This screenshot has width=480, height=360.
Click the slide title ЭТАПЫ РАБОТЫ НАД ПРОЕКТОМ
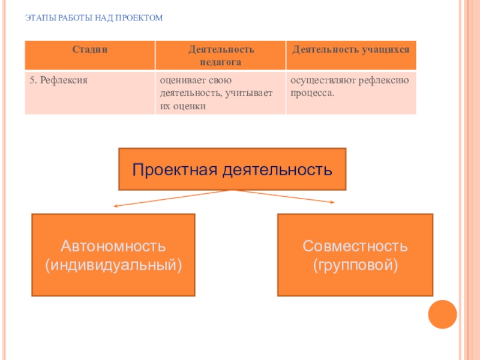94,19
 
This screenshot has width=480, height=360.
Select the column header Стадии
90,50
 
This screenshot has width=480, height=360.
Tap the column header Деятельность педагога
220,55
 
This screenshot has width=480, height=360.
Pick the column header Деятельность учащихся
351,50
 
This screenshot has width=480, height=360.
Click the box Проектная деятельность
232,169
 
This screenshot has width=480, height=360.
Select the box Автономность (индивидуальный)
113,255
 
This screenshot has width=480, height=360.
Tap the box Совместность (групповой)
355,255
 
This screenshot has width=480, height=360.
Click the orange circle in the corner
443,314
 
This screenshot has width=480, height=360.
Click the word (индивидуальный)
113,264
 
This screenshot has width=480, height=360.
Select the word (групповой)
355,264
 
